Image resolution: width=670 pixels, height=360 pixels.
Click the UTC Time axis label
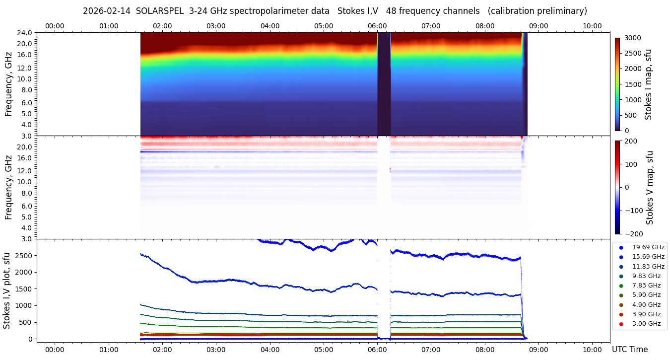629,350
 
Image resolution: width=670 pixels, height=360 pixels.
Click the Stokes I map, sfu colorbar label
648,84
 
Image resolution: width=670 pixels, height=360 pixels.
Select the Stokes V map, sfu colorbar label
650,187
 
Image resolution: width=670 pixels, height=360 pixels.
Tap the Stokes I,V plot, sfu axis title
7,290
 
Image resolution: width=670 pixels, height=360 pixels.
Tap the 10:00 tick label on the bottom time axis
592,350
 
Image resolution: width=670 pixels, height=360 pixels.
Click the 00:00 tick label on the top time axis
55,26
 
